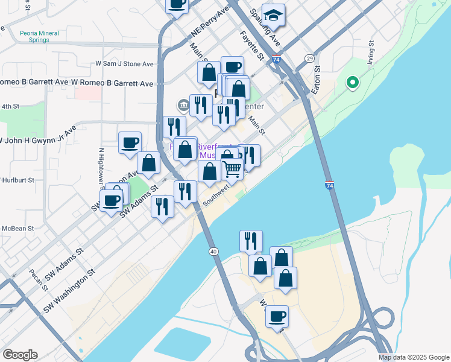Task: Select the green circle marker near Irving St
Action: (352, 83)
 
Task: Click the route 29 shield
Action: (309, 58)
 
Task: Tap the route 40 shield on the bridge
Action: (213, 251)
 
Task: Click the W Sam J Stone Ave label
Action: (125, 64)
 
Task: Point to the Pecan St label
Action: (37, 279)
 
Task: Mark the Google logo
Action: (20, 355)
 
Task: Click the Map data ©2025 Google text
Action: (413, 357)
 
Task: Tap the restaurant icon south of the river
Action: (251, 241)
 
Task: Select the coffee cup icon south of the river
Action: (277, 316)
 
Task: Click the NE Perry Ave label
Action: (210, 22)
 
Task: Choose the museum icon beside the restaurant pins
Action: (183, 106)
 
